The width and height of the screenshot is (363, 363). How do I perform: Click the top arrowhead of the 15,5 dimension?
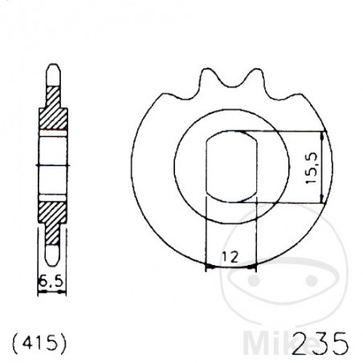[x=322, y=135]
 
